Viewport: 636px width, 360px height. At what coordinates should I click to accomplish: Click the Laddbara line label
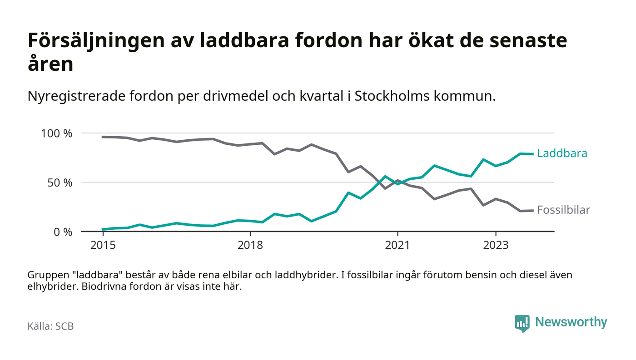pos(562,153)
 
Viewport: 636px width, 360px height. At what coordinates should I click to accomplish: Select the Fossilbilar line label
pos(563,210)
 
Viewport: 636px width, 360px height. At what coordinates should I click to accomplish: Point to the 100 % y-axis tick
pos(57,133)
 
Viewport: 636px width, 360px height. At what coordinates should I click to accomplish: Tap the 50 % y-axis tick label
pos(60,182)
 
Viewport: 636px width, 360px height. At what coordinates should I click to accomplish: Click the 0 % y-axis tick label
pos(63,232)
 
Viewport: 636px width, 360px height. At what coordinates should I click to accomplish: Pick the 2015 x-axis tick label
pos(103,245)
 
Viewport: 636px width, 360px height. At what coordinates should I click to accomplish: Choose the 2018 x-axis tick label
pos(250,245)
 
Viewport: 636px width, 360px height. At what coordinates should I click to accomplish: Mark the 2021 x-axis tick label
pos(397,245)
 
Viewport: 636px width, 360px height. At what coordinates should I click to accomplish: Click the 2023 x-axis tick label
pos(496,245)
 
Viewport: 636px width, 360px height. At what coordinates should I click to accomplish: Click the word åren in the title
pos(50,64)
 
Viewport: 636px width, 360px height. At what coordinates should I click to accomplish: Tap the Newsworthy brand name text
pos(571,322)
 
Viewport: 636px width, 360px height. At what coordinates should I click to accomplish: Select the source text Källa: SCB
pos(50,326)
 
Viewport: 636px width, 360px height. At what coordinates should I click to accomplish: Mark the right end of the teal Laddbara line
pos(532,154)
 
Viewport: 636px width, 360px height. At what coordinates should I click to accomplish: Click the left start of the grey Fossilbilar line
pos(103,137)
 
